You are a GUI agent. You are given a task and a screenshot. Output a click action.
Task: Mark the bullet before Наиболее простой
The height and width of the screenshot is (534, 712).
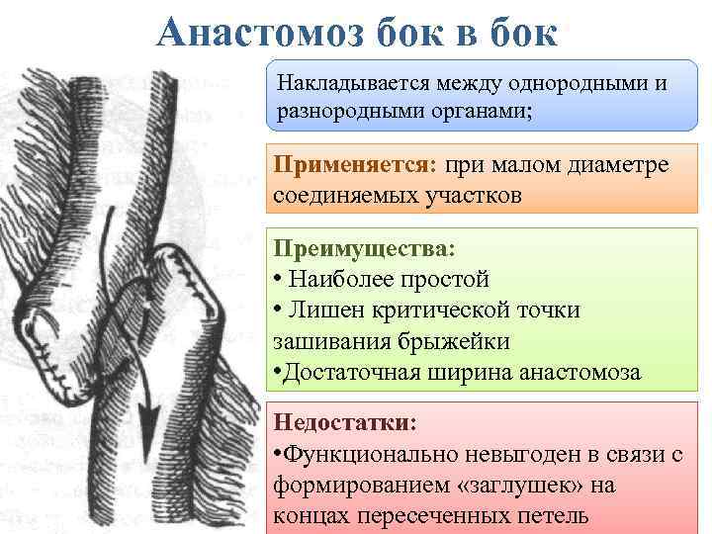(x=280, y=278)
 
